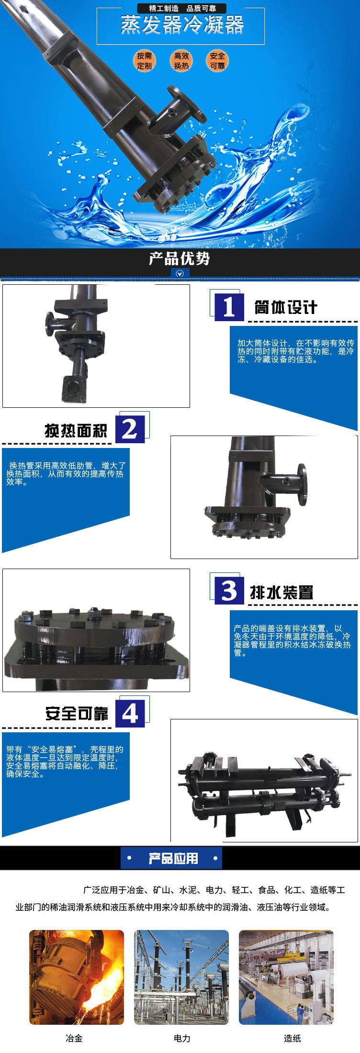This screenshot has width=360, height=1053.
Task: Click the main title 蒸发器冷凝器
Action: tap(182, 25)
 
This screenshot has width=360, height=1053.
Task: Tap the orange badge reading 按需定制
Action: tap(144, 61)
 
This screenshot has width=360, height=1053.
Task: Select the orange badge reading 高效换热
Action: tap(181, 61)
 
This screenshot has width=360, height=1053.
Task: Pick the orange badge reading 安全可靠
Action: tap(217, 61)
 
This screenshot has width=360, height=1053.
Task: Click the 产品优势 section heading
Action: tap(180, 259)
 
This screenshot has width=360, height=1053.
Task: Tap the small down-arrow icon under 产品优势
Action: tap(180, 274)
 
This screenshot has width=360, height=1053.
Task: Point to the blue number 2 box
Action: tap(130, 428)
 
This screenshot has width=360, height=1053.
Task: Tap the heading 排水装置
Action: tap(281, 592)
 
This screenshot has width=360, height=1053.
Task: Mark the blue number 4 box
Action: tap(130, 713)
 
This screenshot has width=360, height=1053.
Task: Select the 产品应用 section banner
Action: tap(173, 858)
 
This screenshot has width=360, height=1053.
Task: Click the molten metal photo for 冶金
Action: tap(77, 977)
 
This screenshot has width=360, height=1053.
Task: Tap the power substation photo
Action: tap(181, 977)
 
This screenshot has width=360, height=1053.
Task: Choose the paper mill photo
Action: tap(286, 977)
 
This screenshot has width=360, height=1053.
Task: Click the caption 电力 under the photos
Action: tap(182, 1038)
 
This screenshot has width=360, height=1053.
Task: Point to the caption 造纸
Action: tap(292, 1038)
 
